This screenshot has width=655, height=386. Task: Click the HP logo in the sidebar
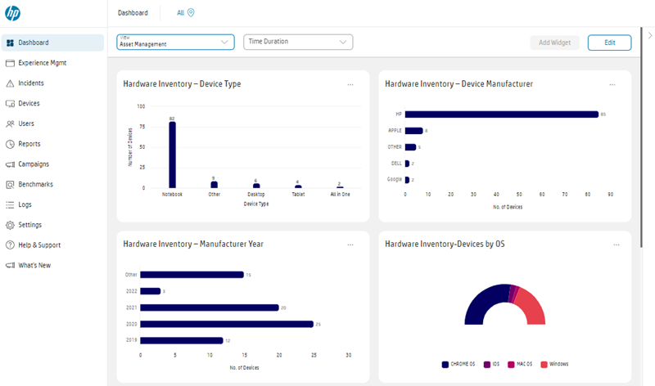(x=12, y=13)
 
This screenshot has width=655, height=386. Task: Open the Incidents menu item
(x=31, y=83)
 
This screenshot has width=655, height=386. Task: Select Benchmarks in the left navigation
(x=35, y=184)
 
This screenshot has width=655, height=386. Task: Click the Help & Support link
(x=39, y=245)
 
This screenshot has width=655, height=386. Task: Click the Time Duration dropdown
(x=298, y=42)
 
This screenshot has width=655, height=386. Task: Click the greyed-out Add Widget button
(x=554, y=43)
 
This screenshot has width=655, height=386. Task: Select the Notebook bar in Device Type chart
(x=172, y=155)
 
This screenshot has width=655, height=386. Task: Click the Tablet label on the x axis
(x=298, y=195)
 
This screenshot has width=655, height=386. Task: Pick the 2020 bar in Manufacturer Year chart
(x=227, y=324)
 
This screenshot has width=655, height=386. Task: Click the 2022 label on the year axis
(x=131, y=291)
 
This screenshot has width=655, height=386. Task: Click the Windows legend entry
(x=556, y=364)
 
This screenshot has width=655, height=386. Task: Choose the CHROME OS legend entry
(x=463, y=364)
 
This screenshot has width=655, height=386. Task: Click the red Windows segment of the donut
(x=535, y=308)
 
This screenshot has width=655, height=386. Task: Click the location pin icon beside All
(x=191, y=13)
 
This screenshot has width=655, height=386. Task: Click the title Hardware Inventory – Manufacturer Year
(x=193, y=244)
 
